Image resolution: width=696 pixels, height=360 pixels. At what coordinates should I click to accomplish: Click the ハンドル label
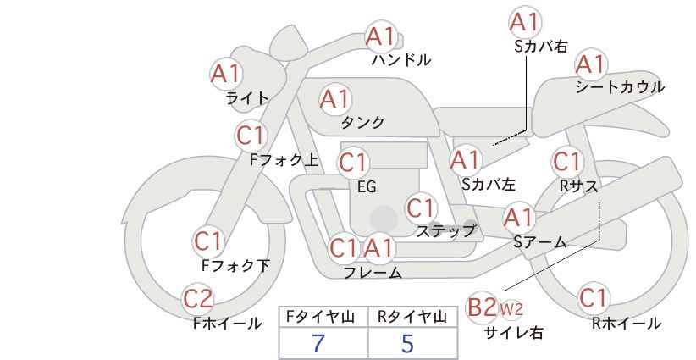401,59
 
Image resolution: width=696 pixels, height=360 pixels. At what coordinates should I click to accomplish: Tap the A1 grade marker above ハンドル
380,36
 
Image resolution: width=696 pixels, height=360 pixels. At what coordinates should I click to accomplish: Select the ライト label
247,98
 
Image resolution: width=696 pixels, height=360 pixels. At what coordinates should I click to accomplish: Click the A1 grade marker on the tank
335,99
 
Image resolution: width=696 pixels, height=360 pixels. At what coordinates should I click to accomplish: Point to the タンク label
362,122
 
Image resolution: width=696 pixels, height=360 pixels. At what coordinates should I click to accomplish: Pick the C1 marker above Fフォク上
251,136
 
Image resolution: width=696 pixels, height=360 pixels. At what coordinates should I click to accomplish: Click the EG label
367,187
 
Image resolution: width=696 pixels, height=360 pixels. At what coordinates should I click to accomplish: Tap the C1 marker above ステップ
420,208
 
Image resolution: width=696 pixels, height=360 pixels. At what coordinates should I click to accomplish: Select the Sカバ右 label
541,47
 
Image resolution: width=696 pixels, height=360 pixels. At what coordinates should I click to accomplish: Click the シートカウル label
620,87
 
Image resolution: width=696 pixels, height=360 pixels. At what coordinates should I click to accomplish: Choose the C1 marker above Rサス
566,162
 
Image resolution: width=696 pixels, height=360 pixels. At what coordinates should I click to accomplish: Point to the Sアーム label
540,242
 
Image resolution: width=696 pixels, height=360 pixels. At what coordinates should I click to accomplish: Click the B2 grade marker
482,307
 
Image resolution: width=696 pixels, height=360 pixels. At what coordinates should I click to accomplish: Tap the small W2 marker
511,309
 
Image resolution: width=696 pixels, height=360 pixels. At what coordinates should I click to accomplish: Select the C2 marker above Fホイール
198,299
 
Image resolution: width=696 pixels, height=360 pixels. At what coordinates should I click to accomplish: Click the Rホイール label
627,324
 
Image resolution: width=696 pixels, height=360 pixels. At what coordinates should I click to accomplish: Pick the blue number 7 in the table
318,343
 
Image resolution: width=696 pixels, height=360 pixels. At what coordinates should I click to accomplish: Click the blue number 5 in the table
407,343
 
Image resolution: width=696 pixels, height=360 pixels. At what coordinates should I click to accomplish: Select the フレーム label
373,273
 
